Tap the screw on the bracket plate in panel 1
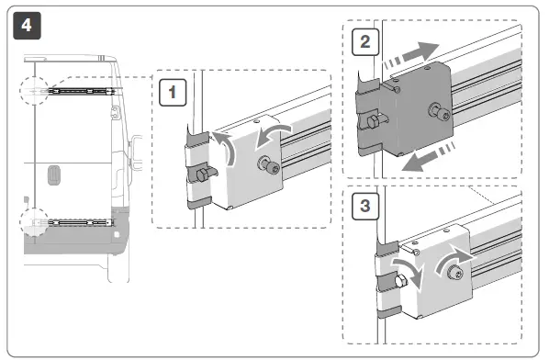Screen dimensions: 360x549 click(272, 165)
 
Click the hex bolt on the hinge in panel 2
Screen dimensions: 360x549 click(372, 123)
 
